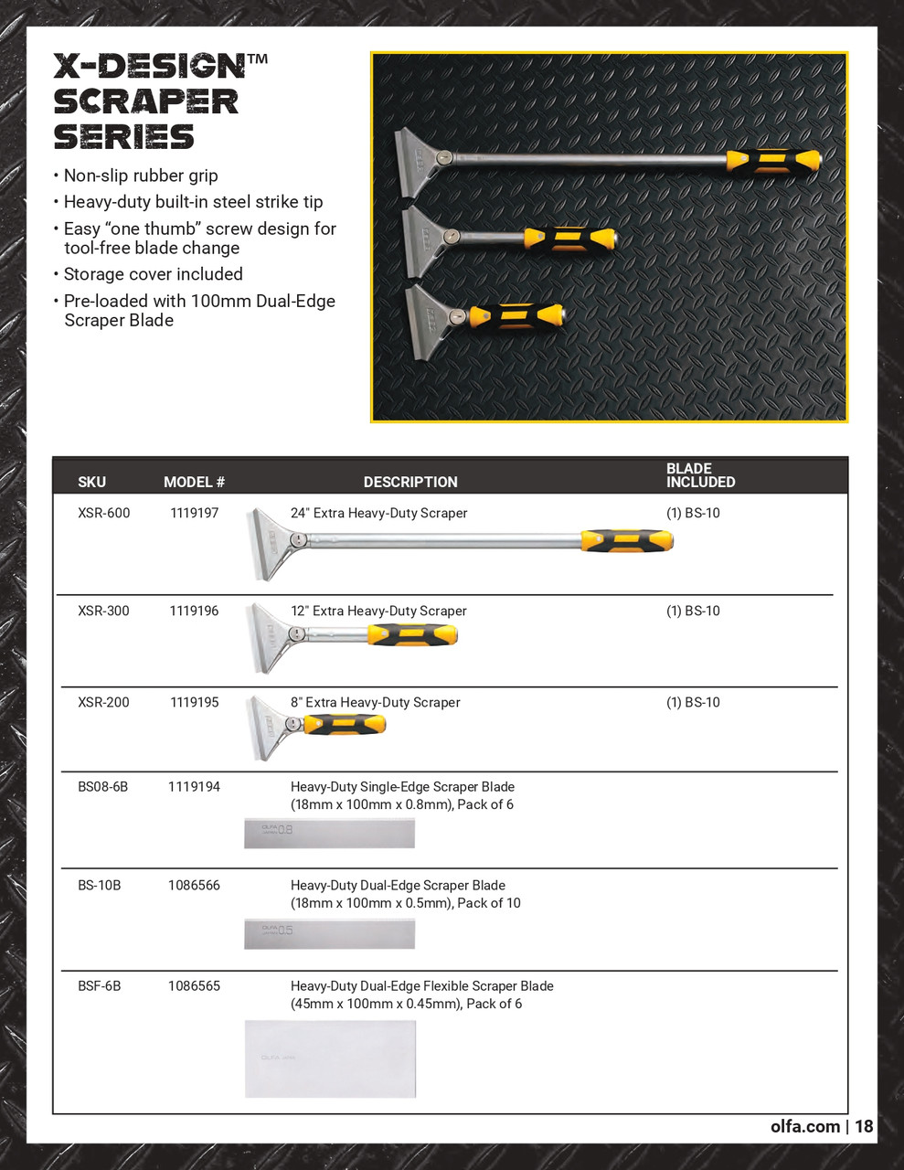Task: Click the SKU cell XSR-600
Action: pyautogui.click(x=104, y=514)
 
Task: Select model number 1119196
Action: pyautogui.click(x=194, y=612)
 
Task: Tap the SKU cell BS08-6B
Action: pyautogui.click(x=103, y=787)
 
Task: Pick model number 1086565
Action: pyautogui.click(x=194, y=986)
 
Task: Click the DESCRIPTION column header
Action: pyautogui.click(x=410, y=483)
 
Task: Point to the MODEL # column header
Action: pyautogui.click(x=194, y=483)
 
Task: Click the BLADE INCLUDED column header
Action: pyautogui.click(x=700, y=475)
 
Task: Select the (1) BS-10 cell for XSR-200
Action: pyautogui.click(x=693, y=703)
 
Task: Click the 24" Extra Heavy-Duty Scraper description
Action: pyautogui.click(x=378, y=514)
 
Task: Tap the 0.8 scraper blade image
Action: pyautogui.click(x=329, y=834)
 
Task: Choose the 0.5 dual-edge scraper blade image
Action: pyautogui.click(x=329, y=933)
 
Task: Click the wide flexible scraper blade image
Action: pyautogui.click(x=330, y=1058)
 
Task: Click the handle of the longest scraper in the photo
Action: pyautogui.click(x=773, y=161)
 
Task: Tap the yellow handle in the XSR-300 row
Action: pyautogui.click(x=411, y=634)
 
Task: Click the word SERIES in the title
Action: pyautogui.click(x=123, y=136)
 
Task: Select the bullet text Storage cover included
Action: pyautogui.click(x=153, y=274)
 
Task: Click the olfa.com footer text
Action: pyautogui.click(x=804, y=1126)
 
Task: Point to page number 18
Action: pyautogui.click(x=864, y=1126)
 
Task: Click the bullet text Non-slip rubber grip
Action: pyautogui.click(x=141, y=175)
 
